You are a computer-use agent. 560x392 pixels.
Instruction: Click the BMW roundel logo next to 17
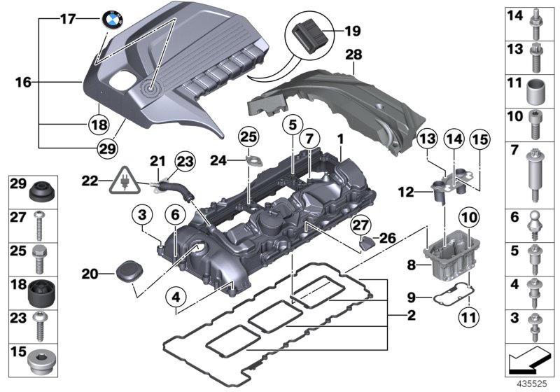click(111, 20)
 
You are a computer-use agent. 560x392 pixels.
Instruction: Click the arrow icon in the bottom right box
click(528, 363)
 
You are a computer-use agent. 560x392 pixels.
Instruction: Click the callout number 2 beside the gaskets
click(411, 316)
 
